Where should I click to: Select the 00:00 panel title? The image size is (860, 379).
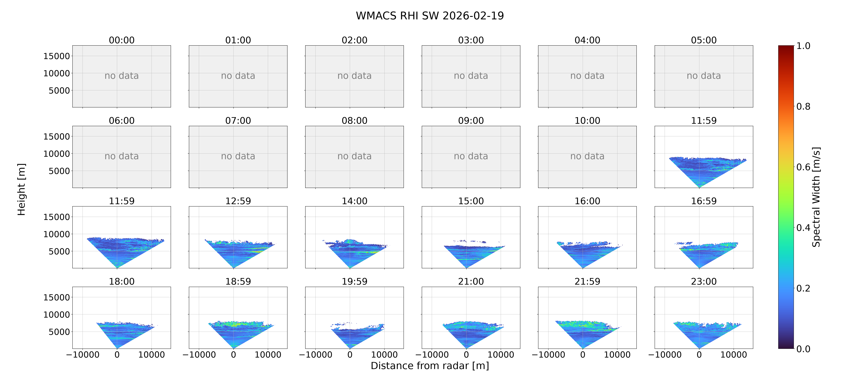click(x=122, y=40)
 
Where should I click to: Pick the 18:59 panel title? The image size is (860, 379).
click(x=238, y=282)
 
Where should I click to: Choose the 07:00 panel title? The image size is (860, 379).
click(x=238, y=121)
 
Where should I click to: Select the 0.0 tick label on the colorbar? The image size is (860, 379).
click(x=803, y=349)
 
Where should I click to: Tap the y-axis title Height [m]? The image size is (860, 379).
click(x=21, y=189)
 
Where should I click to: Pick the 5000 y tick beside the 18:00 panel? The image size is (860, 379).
click(x=59, y=332)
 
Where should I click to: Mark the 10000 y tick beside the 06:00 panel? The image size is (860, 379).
click(x=56, y=154)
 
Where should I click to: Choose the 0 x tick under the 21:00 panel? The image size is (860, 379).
click(x=466, y=355)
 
